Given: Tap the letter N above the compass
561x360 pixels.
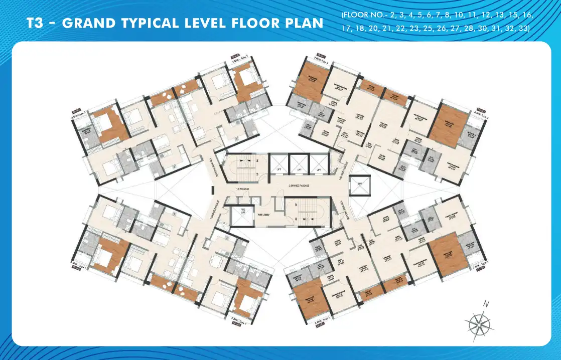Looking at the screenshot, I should click(x=485, y=304).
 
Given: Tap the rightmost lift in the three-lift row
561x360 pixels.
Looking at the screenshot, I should click(x=319, y=164).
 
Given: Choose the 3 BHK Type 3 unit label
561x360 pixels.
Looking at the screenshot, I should click(x=79, y=114).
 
